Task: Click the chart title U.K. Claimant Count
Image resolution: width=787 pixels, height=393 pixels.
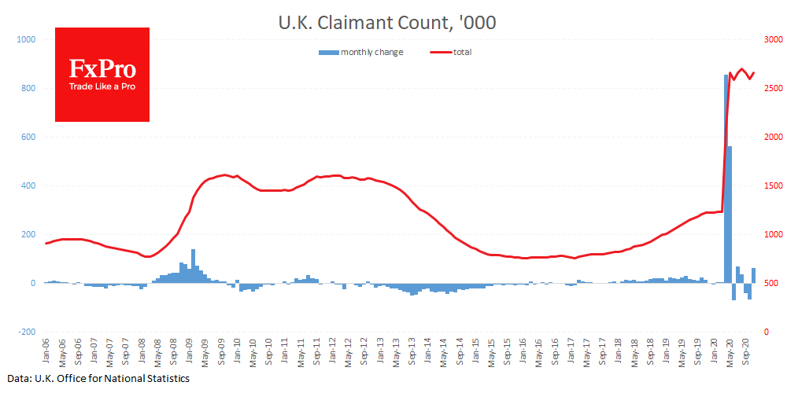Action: tap(386, 24)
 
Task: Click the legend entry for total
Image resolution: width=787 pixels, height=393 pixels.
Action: tap(461, 52)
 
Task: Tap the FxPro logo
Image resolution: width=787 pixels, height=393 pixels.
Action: tap(102, 75)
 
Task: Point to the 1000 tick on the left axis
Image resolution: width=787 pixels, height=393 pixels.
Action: tap(27, 39)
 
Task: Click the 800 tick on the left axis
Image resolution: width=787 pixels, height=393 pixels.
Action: tap(29, 88)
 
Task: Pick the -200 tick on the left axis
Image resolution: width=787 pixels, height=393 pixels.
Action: tap(28, 332)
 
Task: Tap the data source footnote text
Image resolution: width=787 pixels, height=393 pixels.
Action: tap(100, 379)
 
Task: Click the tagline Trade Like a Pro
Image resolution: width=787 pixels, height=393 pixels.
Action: tap(102, 86)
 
